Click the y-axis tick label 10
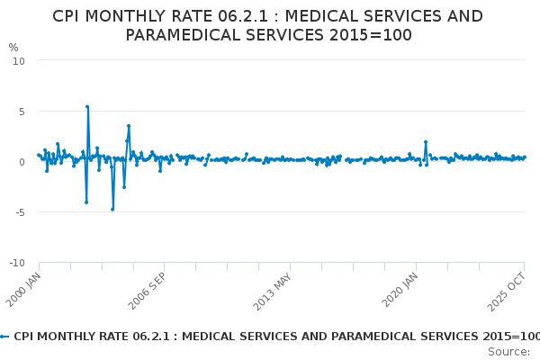(18, 60)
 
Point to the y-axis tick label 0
(21, 162)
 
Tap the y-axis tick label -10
(16, 263)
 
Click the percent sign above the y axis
(13, 48)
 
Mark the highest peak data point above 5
(87, 106)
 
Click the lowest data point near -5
(112, 209)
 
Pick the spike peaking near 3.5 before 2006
(129, 126)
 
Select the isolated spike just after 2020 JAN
(426, 142)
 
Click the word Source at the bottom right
(509, 351)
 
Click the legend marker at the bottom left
(4, 336)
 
